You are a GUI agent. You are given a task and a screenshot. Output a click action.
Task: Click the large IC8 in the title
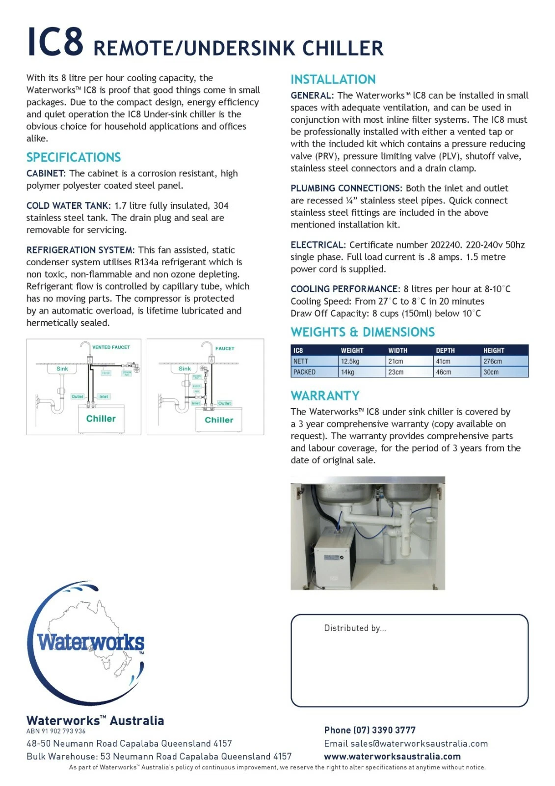(x=55, y=42)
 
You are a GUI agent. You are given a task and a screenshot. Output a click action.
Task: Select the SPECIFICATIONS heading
(x=74, y=157)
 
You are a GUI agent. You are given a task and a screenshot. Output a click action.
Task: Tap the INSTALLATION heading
(x=333, y=80)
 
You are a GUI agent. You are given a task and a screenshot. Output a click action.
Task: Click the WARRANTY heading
(x=325, y=395)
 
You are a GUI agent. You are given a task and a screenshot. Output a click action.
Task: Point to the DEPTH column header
(x=445, y=350)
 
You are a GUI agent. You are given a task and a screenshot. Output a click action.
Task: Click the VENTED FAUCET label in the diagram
(x=111, y=347)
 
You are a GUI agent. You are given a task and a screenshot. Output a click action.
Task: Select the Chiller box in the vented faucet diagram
(x=101, y=419)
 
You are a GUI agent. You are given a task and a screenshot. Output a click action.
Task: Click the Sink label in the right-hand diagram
(x=185, y=368)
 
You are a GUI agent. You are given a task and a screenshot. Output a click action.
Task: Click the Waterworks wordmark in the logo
(x=91, y=642)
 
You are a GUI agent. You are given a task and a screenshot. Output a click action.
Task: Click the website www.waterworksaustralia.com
(x=392, y=757)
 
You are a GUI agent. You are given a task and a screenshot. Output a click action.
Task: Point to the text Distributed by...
(x=355, y=628)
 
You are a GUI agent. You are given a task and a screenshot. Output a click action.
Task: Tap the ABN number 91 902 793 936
(x=56, y=731)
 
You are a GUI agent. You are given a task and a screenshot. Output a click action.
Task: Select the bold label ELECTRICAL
(x=318, y=245)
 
